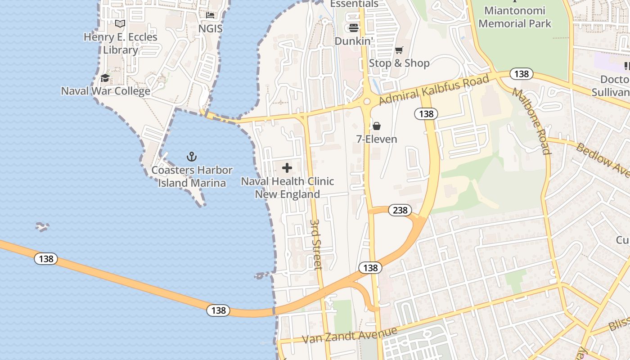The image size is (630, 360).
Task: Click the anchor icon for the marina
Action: (x=192, y=157)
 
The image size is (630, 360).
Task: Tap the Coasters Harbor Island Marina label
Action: (x=192, y=176)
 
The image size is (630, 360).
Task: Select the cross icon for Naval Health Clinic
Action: (x=287, y=168)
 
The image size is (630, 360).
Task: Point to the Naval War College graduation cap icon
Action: (x=105, y=78)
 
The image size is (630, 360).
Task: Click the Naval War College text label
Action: (x=106, y=91)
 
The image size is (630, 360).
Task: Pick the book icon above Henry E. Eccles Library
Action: (x=120, y=24)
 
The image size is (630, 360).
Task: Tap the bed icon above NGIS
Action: (x=210, y=15)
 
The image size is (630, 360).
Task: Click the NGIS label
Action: (x=211, y=28)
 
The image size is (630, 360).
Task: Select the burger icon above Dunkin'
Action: (x=354, y=28)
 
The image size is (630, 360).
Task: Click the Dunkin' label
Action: (x=354, y=41)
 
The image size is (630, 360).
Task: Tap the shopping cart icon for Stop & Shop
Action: (x=399, y=50)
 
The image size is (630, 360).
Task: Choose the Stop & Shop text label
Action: (x=399, y=63)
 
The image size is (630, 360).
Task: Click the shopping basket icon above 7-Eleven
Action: (x=377, y=126)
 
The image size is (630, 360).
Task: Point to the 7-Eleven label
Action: (x=377, y=139)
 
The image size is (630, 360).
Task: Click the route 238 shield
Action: (x=400, y=210)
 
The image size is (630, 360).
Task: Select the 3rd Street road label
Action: (x=316, y=244)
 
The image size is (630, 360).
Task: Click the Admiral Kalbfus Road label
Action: (x=434, y=90)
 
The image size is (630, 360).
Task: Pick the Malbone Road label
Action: (x=531, y=121)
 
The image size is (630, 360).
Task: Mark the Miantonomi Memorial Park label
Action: (x=515, y=17)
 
